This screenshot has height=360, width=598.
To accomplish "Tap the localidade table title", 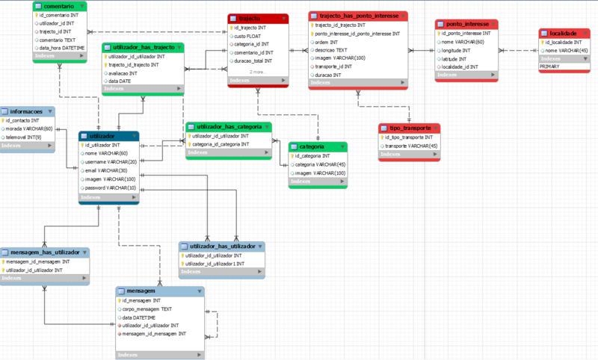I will coord(563,34).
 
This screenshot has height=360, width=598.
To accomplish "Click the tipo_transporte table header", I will coord(404,128).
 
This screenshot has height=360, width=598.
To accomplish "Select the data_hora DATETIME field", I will coord(63,48).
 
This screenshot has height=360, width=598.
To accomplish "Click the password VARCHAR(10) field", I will coord(111,188).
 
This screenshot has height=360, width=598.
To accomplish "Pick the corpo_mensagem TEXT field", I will coord(147,308).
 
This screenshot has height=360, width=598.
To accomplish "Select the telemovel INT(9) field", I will coord(26,137).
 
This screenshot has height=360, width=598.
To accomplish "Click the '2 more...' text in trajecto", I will coord(258,72).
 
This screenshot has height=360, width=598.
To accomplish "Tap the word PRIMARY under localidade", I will coord(550,66).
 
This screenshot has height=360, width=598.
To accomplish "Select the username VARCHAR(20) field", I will coord(111,161).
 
